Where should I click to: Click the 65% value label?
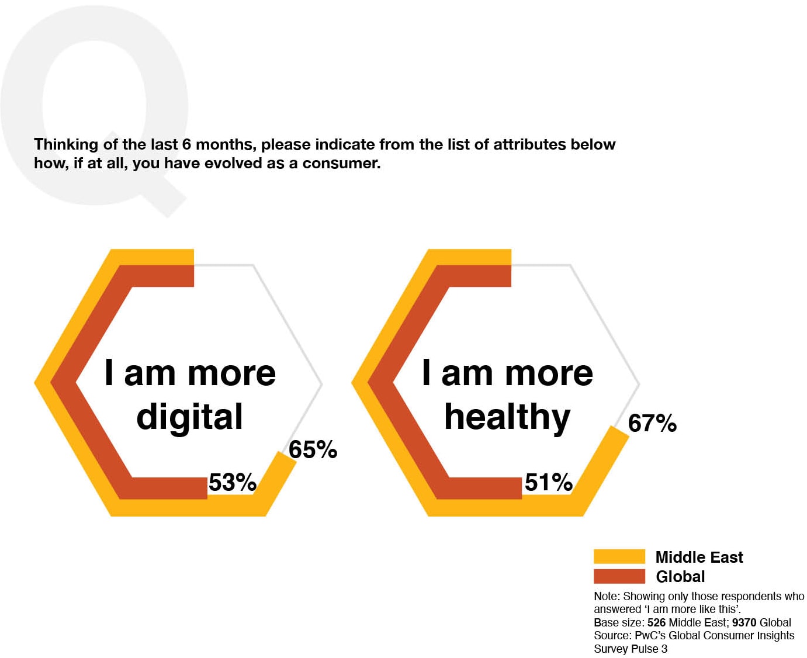point(313,449)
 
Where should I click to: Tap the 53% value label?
point(233,482)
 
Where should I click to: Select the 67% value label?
point(652,423)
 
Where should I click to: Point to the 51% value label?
point(548,482)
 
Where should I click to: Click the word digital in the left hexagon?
point(189,417)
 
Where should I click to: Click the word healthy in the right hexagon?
point(507,417)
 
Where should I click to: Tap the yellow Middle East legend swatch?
point(619,556)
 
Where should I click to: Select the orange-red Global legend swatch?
point(619,576)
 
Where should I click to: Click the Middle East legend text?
point(699,557)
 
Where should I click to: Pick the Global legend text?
point(680,577)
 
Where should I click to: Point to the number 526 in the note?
point(656,622)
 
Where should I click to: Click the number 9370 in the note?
point(744,622)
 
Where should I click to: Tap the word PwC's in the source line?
point(650,636)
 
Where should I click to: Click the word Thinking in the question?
point(66,144)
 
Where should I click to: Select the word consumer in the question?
point(341,163)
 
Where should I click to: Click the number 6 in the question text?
point(186,144)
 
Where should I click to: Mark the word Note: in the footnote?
point(607,597)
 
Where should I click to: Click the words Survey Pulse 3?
point(631,649)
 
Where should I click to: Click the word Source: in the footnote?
point(612,636)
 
